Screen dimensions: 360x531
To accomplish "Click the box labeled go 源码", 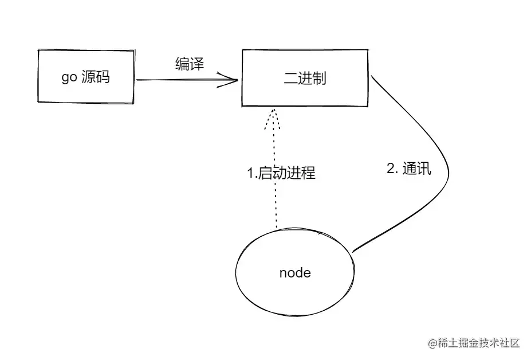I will [x=85, y=77].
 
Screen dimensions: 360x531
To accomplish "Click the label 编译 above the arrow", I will [x=190, y=64].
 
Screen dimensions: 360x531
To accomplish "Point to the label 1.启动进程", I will [x=281, y=173].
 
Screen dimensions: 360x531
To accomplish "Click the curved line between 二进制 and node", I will [x=446, y=172].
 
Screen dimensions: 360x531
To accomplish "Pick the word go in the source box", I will [x=69, y=78].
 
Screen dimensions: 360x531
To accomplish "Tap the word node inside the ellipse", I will [x=295, y=273].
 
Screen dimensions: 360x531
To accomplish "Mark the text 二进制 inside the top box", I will [x=305, y=78].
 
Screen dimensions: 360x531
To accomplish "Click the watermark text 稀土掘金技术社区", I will [x=479, y=343].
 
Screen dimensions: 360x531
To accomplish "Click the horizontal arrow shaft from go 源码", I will [x=178, y=80].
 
